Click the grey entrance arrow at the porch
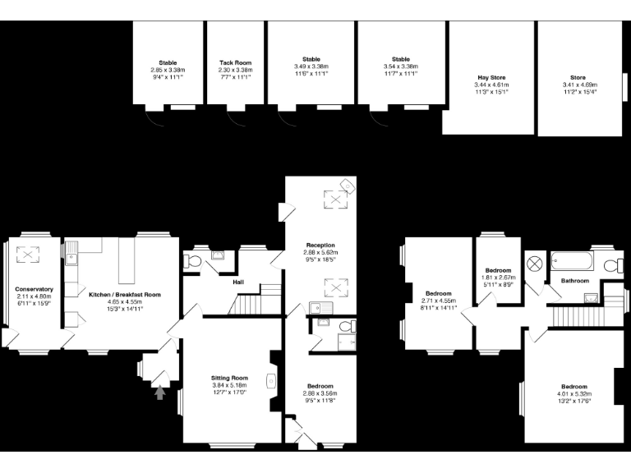click(160, 393)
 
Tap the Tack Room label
click(235, 62)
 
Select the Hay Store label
click(491, 77)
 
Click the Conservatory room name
click(34, 289)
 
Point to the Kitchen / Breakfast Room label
click(125, 294)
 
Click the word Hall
click(238, 282)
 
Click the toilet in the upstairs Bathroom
click(611, 264)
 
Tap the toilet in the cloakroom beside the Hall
click(192, 261)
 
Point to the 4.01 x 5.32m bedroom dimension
click(573, 394)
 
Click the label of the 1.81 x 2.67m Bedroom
click(498, 270)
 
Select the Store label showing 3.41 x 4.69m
click(579, 77)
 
